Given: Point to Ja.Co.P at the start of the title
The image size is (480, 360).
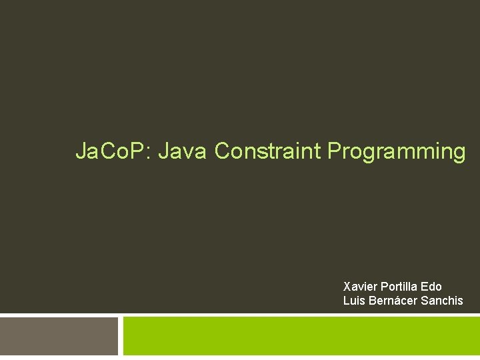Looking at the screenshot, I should [112, 151].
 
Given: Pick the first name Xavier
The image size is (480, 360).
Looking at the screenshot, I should [359, 287].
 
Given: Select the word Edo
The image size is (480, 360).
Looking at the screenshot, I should [431, 287].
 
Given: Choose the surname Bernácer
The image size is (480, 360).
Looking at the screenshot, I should [391, 301].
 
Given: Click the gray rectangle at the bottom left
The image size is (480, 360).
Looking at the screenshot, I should [59, 336].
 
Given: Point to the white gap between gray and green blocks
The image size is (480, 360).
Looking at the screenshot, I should [121, 336].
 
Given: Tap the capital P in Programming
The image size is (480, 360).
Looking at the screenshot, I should [333, 151].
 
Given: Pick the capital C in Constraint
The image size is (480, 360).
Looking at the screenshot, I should [222, 151].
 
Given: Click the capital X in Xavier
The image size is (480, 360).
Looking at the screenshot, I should [347, 287].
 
